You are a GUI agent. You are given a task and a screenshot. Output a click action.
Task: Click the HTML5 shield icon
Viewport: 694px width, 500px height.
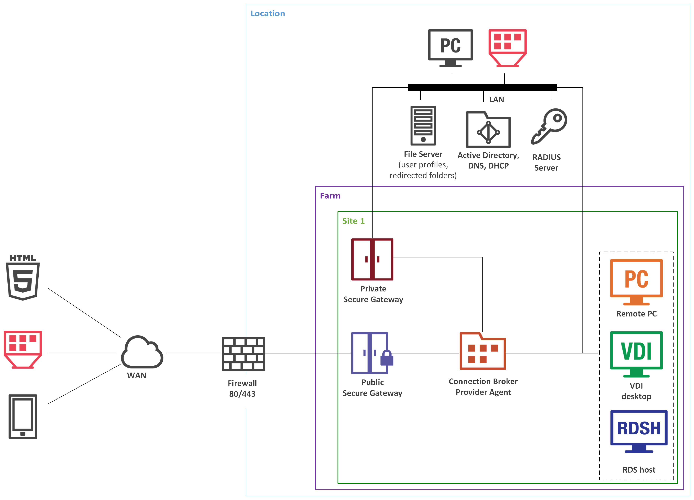tap(23, 278)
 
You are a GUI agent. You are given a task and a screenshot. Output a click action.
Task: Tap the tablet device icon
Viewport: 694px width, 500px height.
tap(23, 416)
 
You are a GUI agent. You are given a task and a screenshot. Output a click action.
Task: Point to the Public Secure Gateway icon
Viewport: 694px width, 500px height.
tap(370, 353)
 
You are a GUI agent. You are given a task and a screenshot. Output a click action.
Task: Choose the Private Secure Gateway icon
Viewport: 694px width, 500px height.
tap(372, 259)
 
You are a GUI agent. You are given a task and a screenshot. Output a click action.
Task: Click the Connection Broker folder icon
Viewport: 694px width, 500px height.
tap(483, 352)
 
